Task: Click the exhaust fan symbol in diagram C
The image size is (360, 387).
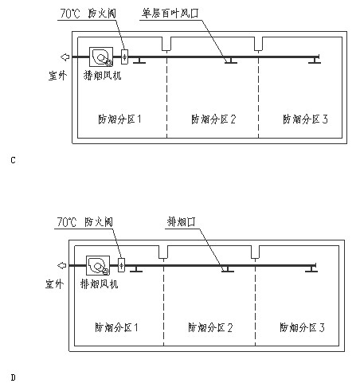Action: pos(101,57)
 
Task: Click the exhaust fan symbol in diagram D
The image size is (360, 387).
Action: pos(98,265)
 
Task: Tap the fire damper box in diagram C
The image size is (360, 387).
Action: pos(124,57)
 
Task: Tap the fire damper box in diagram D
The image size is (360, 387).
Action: pos(121,265)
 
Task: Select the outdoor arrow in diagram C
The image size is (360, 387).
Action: pos(65,57)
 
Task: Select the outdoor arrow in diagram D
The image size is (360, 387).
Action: pos(62,265)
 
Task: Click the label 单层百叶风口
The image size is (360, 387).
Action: pos(170,14)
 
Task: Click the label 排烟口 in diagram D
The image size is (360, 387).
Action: pos(182,221)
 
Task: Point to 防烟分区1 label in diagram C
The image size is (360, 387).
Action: pos(119,119)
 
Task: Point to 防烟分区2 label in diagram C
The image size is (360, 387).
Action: pos(213,119)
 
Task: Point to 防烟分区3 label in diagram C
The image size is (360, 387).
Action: pos(305,119)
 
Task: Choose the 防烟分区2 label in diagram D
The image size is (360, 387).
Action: pos(210,327)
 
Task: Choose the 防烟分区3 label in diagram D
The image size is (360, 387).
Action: pos(302,327)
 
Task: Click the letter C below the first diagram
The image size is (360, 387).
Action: pos(13,160)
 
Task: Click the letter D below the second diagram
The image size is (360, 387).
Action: pos(13,377)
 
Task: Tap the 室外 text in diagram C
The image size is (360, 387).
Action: pos(57,76)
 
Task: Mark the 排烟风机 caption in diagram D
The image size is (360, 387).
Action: pos(99,284)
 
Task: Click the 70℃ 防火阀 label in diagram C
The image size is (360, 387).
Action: pos(88,14)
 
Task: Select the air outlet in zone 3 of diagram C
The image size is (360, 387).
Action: pos(315,61)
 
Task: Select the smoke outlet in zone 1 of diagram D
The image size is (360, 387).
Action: pos(136,269)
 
